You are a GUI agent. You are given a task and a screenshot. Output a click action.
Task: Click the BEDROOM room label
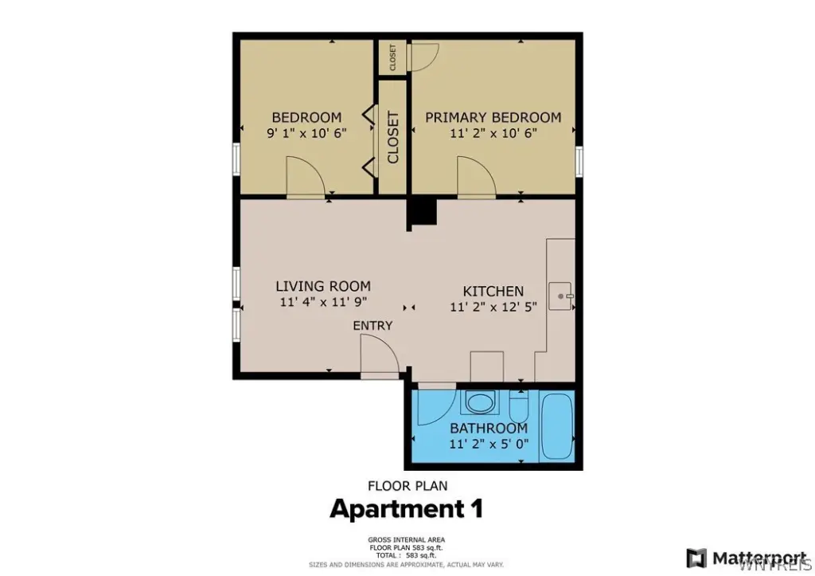point(306,117)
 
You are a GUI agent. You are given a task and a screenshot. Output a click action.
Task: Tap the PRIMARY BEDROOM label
point(493,117)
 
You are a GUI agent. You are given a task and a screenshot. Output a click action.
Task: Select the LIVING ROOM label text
point(323,286)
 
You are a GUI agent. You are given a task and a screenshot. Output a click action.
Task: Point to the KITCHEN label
point(493,291)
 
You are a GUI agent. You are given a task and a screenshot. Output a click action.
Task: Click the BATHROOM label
point(489,429)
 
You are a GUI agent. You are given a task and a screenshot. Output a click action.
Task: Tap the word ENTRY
point(372,326)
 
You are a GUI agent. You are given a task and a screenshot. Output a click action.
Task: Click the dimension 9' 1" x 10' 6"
point(306,133)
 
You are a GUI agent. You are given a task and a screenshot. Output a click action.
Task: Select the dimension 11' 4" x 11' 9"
point(323,302)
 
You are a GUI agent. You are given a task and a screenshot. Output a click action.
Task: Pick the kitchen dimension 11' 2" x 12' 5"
point(493,307)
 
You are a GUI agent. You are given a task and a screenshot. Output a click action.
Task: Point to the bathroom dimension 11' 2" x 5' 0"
point(489,444)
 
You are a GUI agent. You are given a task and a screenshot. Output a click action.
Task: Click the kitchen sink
point(560,296)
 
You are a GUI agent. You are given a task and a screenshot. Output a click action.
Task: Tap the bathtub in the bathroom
point(556,425)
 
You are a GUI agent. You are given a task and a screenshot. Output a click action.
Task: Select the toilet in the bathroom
point(519,406)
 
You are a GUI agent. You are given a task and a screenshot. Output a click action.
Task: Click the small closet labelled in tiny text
point(392,57)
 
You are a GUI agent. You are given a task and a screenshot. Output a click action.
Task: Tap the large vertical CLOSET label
point(393,137)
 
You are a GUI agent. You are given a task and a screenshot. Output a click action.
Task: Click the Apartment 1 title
point(407,509)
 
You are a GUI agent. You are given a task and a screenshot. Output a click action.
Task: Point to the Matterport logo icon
point(696,558)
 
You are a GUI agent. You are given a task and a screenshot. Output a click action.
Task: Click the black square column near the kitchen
point(423,212)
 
